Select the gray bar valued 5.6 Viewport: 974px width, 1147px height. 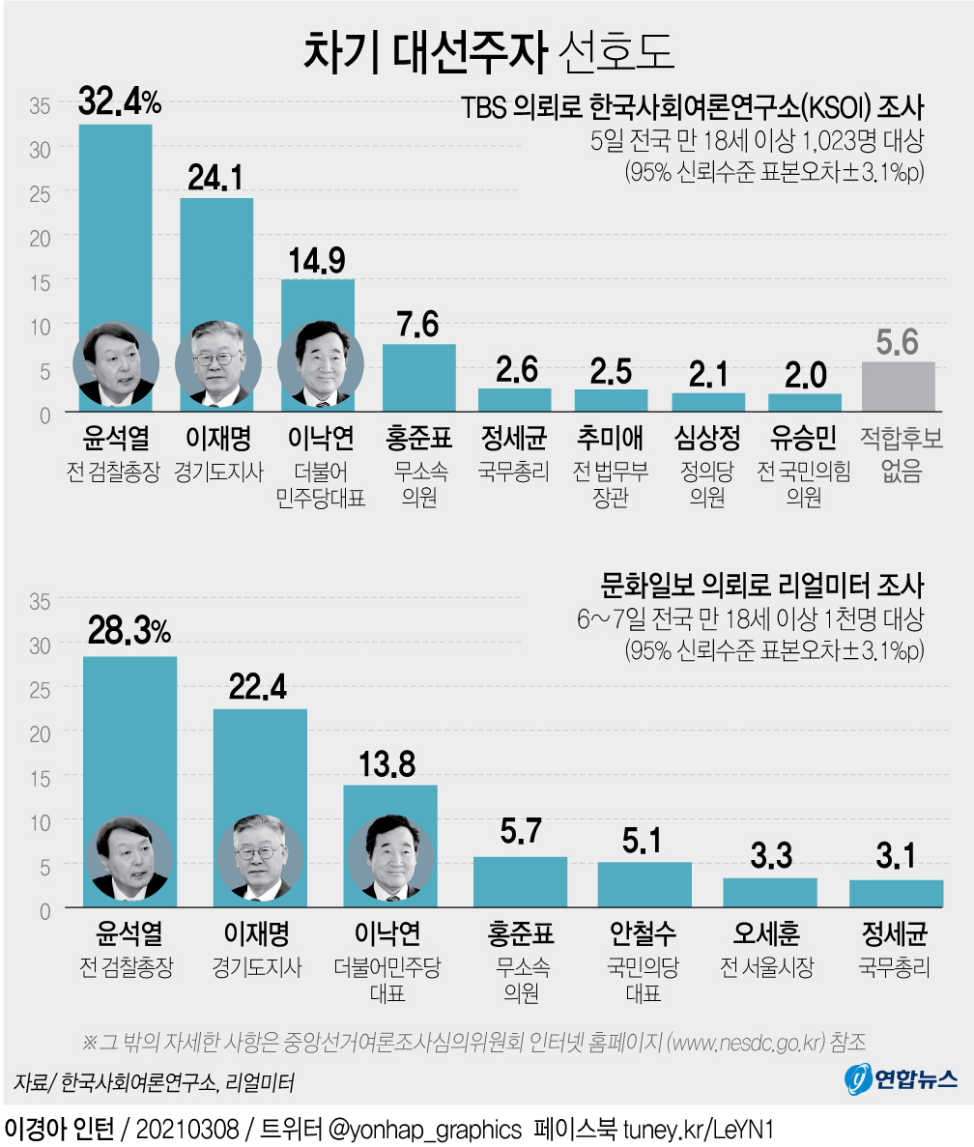point(898,387)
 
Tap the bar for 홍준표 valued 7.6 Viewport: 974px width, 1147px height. point(418,378)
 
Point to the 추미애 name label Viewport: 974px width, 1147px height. point(610,440)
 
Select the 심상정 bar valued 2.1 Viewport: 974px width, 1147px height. point(708,403)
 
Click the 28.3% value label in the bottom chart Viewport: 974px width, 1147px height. point(129,631)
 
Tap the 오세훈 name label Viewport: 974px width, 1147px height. point(767,934)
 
